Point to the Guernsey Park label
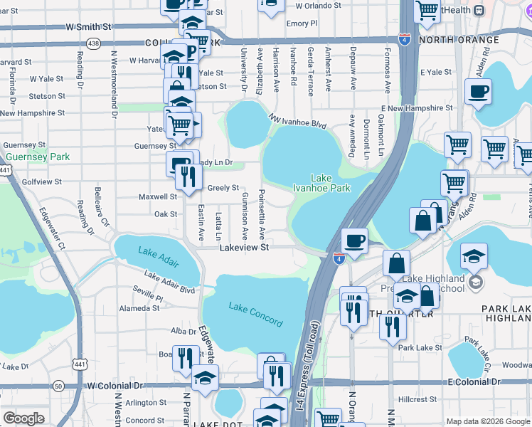(x=38, y=157)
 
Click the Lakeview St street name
(x=244, y=248)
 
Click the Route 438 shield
(x=93, y=43)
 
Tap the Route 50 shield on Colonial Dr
(x=58, y=386)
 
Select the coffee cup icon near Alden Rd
(x=478, y=93)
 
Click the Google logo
(x=23, y=418)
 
